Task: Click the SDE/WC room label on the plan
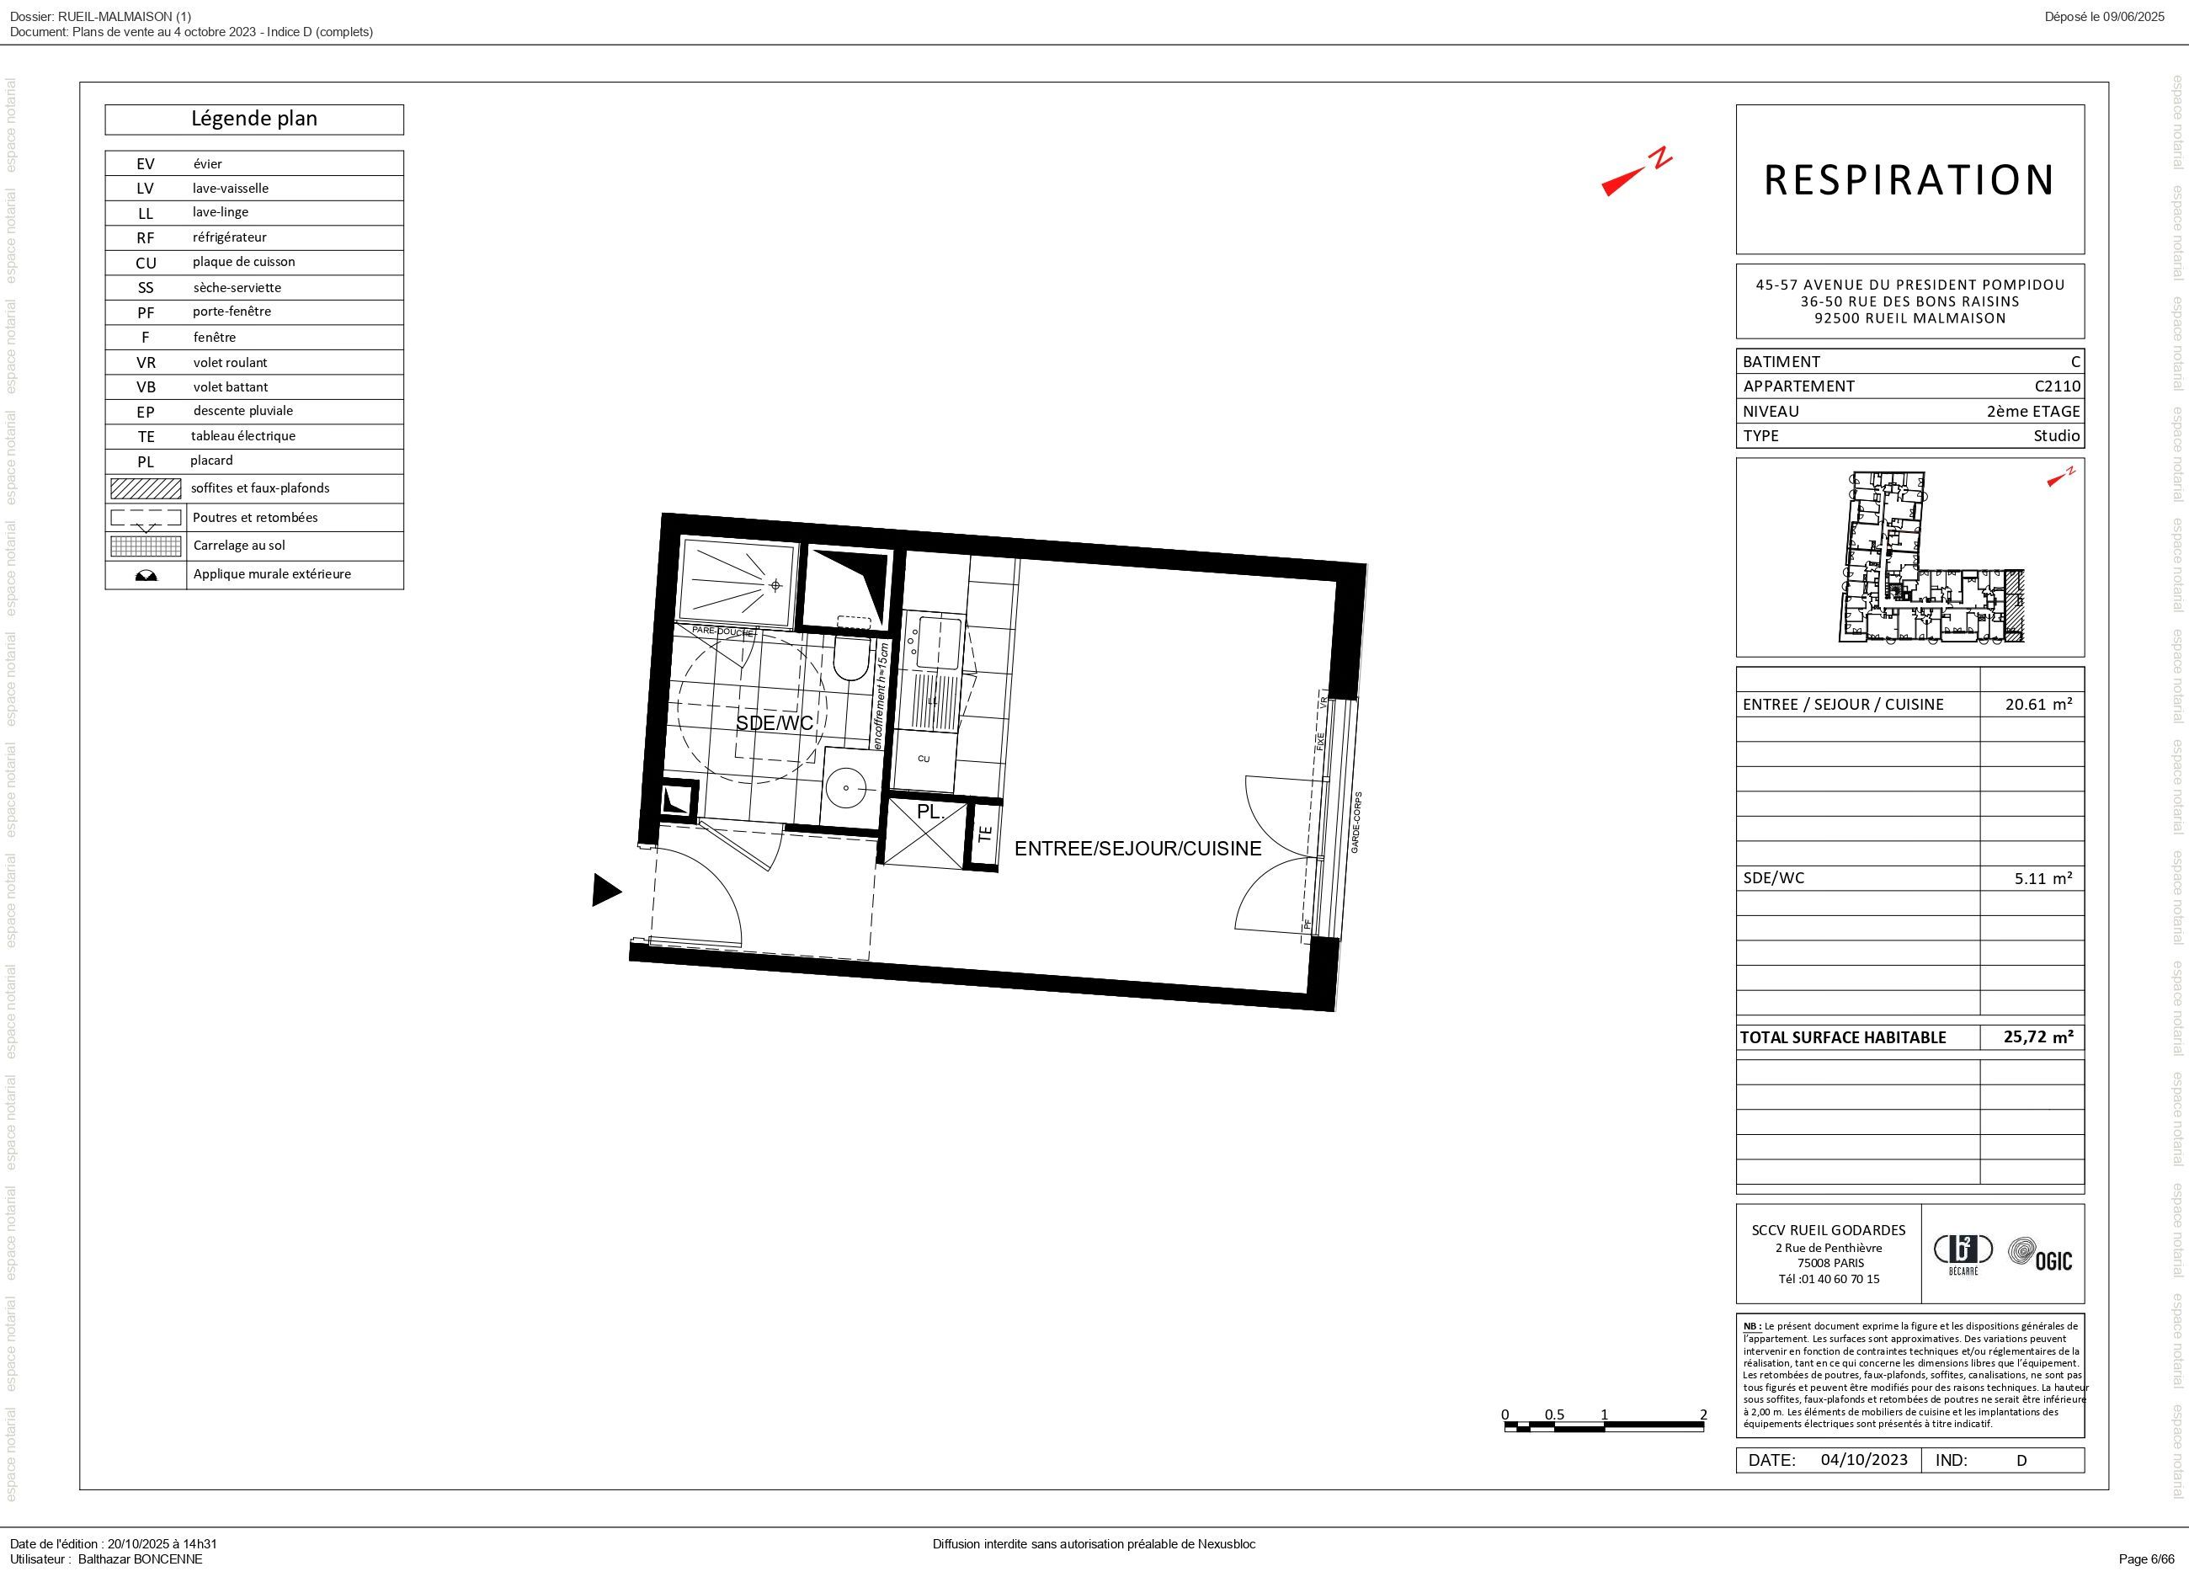[x=774, y=723]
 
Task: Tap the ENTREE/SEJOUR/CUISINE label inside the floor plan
[x=1137, y=849]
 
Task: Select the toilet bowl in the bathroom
[x=851, y=660]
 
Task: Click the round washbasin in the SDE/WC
[x=846, y=787]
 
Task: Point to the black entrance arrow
[x=605, y=890]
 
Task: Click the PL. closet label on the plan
[x=929, y=812]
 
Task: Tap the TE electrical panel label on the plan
[x=984, y=834]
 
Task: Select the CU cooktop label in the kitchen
[x=924, y=759]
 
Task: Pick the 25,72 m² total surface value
[x=2037, y=1036]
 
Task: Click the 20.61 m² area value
[x=2037, y=704]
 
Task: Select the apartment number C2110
[x=2057, y=386]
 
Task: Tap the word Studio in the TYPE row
[x=2056, y=435]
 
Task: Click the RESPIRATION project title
[x=1909, y=179]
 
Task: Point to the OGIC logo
[x=2039, y=1255]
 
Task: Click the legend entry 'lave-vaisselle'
[x=230, y=189]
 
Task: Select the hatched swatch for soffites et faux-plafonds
[x=146, y=488]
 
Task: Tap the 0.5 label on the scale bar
[x=1554, y=1415]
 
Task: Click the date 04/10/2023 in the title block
[x=1864, y=1459]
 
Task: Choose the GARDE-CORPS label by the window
[x=1355, y=823]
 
